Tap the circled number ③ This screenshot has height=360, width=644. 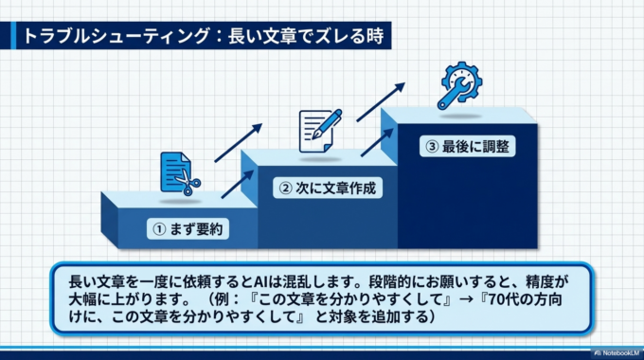(432, 147)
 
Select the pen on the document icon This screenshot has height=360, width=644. (331, 121)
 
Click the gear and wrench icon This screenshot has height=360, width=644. (460, 83)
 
